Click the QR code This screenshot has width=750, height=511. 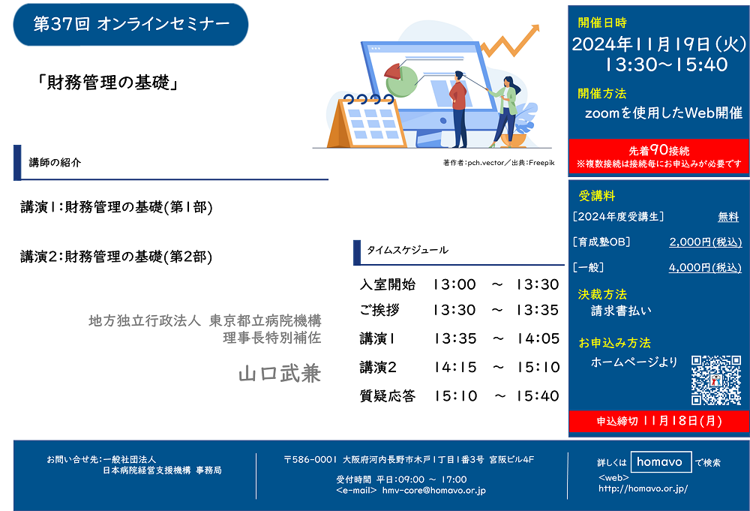click(716, 380)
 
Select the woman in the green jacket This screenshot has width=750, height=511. click(506, 112)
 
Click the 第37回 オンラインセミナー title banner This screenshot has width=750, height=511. click(130, 25)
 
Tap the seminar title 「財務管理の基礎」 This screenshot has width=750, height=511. click(107, 83)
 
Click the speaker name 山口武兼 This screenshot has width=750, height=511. click(280, 374)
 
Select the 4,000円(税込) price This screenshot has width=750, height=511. click(705, 267)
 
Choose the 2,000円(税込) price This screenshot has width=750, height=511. click(706, 242)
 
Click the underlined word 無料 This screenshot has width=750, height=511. click(728, 217)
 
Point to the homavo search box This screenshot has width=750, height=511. click(661, 462)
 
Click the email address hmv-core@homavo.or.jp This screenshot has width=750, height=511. click(433, 491)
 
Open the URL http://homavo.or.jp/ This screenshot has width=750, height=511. click(643, 488)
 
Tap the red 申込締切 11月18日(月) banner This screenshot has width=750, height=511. click(659, 421)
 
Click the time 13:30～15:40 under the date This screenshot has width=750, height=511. click(666, 65)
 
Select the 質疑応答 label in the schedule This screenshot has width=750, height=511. click(388, 395)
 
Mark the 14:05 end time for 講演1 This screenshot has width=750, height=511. click(538, 338)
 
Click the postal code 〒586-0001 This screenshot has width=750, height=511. click(310, 460)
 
